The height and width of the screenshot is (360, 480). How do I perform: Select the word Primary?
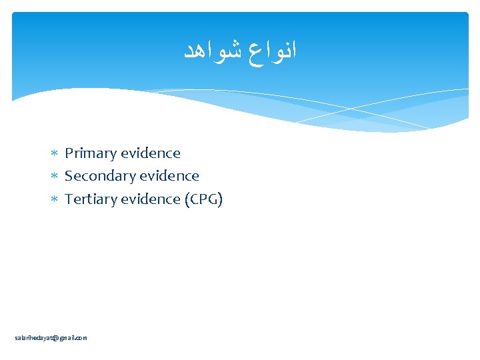click(91, 153)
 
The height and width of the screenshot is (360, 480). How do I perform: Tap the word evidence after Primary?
click(151, 153)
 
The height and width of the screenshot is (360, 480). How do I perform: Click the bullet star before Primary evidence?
click(55, 154)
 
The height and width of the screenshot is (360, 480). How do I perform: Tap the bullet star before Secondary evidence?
click(55, 177)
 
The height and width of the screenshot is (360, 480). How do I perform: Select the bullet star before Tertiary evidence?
click(55, 199)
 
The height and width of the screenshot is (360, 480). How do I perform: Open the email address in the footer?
click(51, 338)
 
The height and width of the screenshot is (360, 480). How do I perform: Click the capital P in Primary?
click(69, 153)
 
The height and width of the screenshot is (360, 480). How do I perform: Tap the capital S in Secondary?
click(69, 176)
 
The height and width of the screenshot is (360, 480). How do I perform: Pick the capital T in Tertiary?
click(69, 199)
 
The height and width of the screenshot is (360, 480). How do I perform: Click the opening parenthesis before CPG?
click(187, 199)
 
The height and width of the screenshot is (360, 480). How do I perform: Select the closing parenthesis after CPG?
click(220, 199)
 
